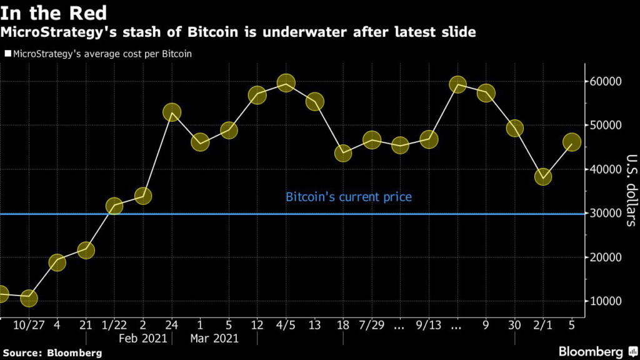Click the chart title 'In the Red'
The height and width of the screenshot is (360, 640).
[54, 12]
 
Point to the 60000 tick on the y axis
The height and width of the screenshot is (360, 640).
[604, 82]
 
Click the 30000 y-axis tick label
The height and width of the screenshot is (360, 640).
[604, 214]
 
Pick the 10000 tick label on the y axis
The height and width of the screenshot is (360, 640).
[604, 302]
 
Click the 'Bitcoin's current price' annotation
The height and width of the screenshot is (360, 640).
[349, 197]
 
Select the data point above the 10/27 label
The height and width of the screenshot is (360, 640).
[28, 299]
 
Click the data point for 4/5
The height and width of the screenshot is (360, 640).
[286, 83]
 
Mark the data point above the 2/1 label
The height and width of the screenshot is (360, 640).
[543, 177]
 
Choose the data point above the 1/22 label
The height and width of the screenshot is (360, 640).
[114, 206]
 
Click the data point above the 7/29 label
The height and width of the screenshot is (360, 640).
[372, 140]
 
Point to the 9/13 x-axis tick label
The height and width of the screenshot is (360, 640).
[429, 325]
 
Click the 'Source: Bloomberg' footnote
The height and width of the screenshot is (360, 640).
[51, 353]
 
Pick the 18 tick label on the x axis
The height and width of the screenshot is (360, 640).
[343, 325]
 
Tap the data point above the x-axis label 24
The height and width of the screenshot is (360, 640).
[172, 112]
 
